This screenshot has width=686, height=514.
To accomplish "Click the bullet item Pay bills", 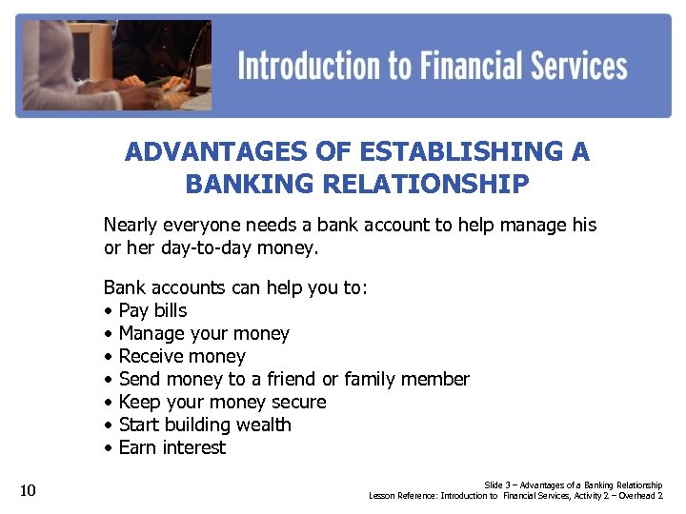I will point(152,310).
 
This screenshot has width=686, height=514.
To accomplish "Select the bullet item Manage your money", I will point(204,333).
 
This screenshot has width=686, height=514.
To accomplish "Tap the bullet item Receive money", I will point(182,356).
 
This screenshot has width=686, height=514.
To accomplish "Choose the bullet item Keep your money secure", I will point(222,402).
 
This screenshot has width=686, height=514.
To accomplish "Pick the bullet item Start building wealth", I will point(205,425).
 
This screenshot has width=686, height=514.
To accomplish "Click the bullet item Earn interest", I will point(172,447).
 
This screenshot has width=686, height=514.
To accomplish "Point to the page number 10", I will point(28,491).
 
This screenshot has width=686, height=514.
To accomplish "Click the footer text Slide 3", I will point(500,485).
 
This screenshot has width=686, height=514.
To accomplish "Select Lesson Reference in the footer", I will point(405,496).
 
